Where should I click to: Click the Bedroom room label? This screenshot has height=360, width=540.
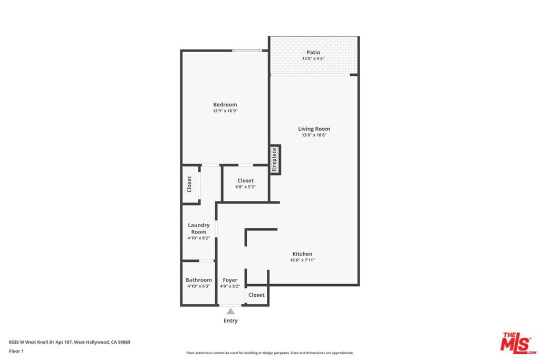tap(225, 104)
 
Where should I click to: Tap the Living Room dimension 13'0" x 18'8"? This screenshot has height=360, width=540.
tap(314, 135)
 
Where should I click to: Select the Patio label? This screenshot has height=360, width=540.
tap(313, 52)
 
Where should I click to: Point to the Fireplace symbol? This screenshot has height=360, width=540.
tap(275, 160)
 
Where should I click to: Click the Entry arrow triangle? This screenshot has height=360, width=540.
tap(230, 312)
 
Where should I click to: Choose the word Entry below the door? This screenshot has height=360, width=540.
tap(230, 320)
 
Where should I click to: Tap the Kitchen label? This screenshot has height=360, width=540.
tap(302, 254)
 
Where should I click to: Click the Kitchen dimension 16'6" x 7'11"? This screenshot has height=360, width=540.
tap(302, 260)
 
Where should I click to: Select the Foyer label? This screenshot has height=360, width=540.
tap(230, 280)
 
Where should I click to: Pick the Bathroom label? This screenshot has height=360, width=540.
tap(199, 280)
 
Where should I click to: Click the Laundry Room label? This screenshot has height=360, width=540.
tap(199, 228)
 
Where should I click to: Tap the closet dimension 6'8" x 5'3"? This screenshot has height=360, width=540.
tap(245, 187)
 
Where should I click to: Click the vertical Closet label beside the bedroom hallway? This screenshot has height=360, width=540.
tap(189, 183)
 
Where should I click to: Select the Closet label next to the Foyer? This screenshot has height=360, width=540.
tap(256, 295)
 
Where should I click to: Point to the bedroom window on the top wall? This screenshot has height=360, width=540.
tap(247, 51)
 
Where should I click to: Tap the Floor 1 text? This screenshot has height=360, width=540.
tap(16, 351)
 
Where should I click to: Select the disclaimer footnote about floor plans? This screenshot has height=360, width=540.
tap(269, 353)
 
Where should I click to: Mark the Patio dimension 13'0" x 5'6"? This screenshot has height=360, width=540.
tap(313, 59)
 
